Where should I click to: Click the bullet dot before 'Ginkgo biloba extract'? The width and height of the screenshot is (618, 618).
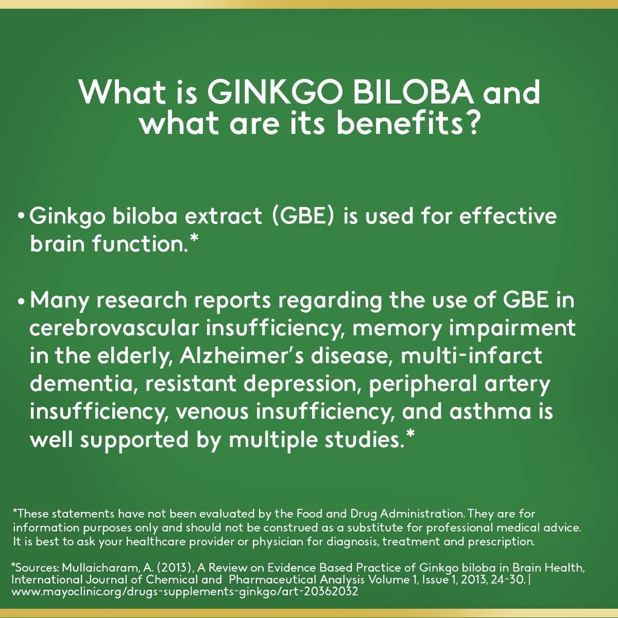[x=21, y=217]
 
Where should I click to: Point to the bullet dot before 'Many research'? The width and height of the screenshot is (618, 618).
[x=21, y=300]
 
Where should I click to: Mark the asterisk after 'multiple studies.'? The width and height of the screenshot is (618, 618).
[x=410, y=436]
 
